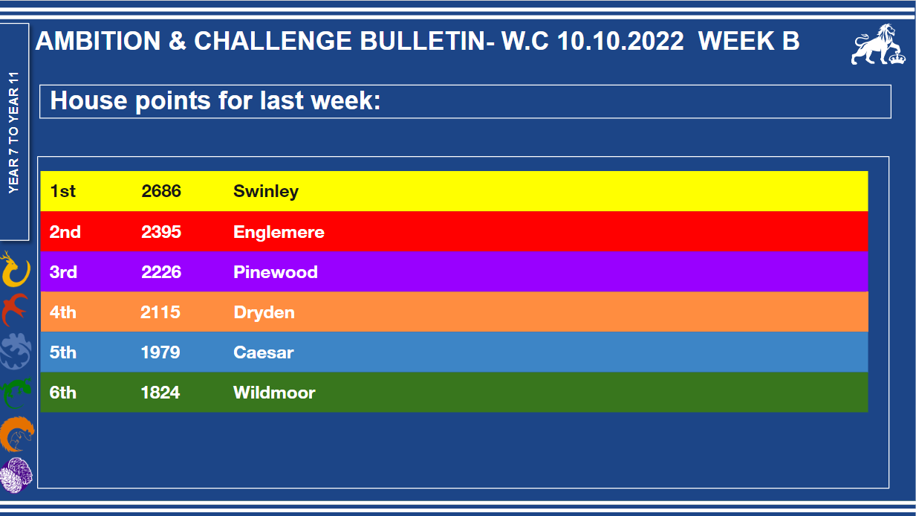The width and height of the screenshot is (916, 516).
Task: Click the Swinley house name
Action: tap(266, 192)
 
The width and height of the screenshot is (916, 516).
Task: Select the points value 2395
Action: tap(161, 232)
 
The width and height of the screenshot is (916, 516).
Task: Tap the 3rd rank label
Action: tap(63, 272)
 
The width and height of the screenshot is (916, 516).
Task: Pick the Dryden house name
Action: tap(264, 312)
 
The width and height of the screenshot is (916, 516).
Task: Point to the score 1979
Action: tap(160, 352)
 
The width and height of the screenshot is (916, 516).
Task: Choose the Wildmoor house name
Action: tap(274, 393)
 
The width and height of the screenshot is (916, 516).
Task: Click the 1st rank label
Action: tap(62, 191)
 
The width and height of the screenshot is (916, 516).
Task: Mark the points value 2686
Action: tap(161, 191)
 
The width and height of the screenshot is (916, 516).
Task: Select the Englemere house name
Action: tap(279, 233)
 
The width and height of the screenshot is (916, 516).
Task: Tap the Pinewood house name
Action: tap(275, 272)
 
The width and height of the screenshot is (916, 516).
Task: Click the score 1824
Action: tap(160, 393)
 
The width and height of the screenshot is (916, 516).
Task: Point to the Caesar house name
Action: tap(263, 352)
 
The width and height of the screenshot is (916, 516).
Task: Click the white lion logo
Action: tap(877, 45)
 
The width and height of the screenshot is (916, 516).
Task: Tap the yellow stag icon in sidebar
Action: tap(16, 270)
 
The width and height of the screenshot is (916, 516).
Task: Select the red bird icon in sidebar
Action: tap(15, 310)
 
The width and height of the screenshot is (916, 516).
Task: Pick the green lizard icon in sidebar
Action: tap(16, 393)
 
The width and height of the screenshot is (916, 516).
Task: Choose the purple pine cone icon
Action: tap(16, 476)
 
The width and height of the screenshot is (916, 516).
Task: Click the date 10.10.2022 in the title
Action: tap(620, 42)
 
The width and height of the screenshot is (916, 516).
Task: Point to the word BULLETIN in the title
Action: tap(423, 42)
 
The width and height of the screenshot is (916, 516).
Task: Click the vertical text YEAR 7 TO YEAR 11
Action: tap(14, 132)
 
